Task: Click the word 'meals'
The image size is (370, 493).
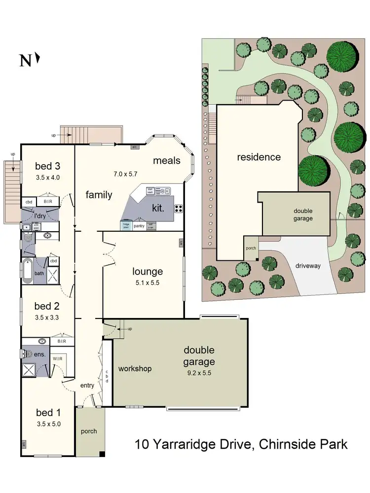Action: pos(167,160)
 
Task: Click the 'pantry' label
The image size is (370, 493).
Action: pos(139,226)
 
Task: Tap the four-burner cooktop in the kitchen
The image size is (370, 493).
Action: pos(178,208)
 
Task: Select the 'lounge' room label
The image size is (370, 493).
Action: pos(148,271)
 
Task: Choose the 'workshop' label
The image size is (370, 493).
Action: pos(135,368)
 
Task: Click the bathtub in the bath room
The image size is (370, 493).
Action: pos(27,271)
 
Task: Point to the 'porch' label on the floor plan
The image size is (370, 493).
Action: pos(89,431)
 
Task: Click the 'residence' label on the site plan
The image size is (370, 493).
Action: pos(259,157)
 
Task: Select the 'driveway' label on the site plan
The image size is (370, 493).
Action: pos(308,266)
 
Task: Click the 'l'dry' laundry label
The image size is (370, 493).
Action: pos(39,216)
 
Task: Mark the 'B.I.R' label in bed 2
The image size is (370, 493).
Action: pos(62,341)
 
